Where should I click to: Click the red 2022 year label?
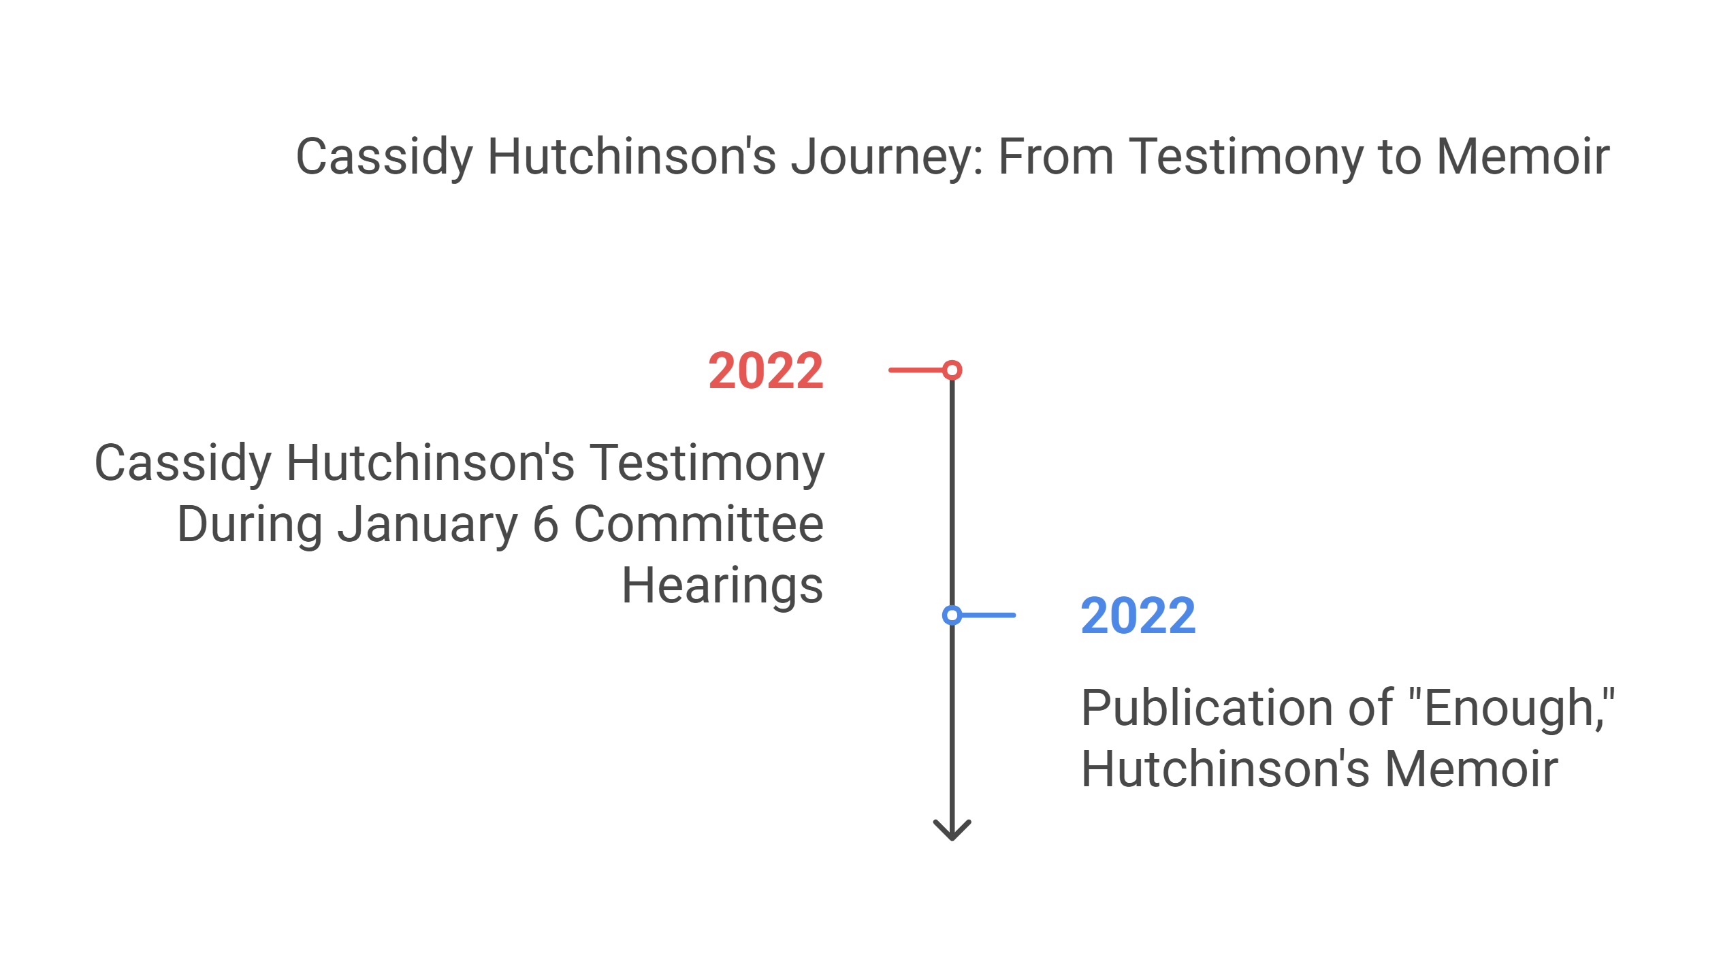pos(766,371)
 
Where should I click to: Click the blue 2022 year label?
pos(1138,616)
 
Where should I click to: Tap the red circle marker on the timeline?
pos(952,370)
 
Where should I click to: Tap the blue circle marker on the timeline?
pos(952,615)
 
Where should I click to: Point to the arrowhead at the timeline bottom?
pos(952,832)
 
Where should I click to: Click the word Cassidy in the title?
pos(384,157)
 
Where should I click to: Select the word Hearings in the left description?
pos(722,586)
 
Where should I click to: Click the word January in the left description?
pos(428,525)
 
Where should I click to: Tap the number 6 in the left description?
pos(545,525)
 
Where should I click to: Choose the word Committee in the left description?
pos(698,525)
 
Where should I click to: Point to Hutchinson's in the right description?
pos(1225,770)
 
